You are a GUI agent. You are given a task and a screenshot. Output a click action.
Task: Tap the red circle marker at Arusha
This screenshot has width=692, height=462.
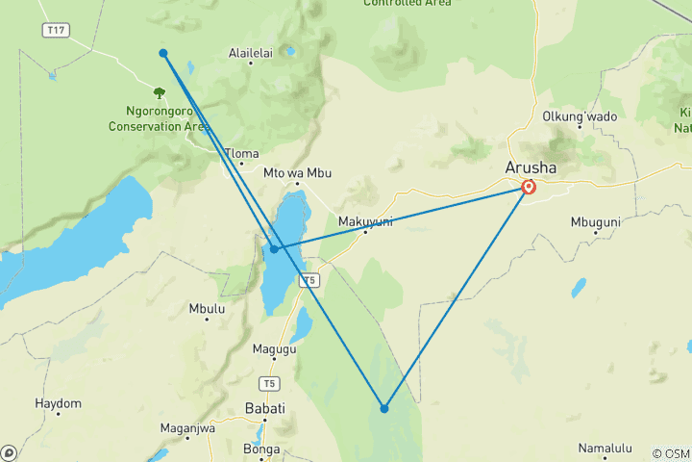[x=529, y=187]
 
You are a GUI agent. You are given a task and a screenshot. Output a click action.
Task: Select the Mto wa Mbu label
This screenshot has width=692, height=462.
[x=297, y=172]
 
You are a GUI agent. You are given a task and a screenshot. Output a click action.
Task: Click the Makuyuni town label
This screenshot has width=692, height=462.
[x=366, y=220]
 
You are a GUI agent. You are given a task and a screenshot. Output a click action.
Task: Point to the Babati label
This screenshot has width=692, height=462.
[x=265, y=408]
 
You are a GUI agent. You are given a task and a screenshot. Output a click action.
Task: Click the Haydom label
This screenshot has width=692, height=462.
[x=58, y=402]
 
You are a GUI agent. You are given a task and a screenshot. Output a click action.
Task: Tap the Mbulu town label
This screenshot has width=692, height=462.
[x=207, y=309]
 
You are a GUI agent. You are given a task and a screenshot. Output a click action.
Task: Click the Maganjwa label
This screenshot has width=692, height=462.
[x=186, y=428]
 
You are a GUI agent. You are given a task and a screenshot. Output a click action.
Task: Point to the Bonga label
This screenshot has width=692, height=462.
[x=262, y=449]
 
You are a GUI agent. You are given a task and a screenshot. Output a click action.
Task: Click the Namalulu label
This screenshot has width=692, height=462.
[x=605, y=448]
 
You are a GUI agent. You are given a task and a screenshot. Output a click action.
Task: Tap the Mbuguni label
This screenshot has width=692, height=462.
[x=597, y=220]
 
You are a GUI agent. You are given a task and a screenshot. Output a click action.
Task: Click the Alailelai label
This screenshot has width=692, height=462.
[x=251, y=53]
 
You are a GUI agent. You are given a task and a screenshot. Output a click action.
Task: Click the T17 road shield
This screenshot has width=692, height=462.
[x=56, y=31]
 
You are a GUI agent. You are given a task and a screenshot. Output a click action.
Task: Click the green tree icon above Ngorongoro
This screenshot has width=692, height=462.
[x=159, y=93]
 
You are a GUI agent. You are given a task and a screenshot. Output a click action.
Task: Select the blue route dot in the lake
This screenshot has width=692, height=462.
[x=274, y=249]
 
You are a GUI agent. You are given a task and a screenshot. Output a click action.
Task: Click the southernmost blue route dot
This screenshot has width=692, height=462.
[x=383, y=408]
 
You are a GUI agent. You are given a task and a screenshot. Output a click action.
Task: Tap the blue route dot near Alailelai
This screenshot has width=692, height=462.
[x=163, y=53]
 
